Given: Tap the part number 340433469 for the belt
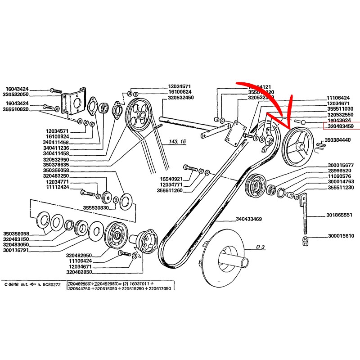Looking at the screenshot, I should pos(251,220).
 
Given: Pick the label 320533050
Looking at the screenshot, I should pos(22,95).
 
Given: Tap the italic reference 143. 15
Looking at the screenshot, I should pos(177,142).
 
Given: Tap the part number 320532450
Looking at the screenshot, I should pos(181,98).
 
